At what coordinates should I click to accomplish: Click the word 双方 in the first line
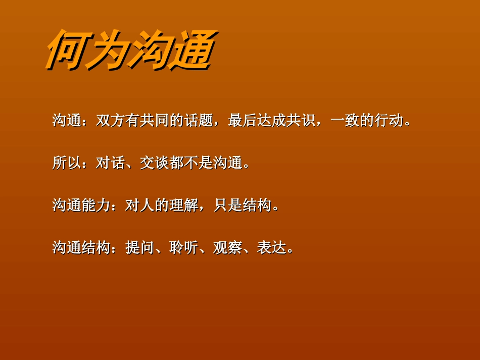point(111,121)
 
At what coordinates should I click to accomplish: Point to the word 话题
point(199,121)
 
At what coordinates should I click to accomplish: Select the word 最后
point(243,121)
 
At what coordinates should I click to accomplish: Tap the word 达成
point(272,121)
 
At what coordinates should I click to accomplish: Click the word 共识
point(302,121)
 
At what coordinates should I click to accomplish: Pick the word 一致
point(345,121)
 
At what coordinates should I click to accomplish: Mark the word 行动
point(390,121)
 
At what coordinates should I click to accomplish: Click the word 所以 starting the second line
point(67,163)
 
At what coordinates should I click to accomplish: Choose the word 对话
point(111,163)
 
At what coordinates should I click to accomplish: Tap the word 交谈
point(155,163)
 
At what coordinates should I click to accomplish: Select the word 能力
point(96,205)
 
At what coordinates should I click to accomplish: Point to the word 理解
point(184,205)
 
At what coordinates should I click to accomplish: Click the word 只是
point(228,205)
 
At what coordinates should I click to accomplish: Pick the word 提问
point(140,248)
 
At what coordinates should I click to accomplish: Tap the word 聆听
point(184,248)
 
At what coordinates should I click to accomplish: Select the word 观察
point(228,248)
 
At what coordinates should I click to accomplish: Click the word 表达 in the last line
point(272,248)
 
